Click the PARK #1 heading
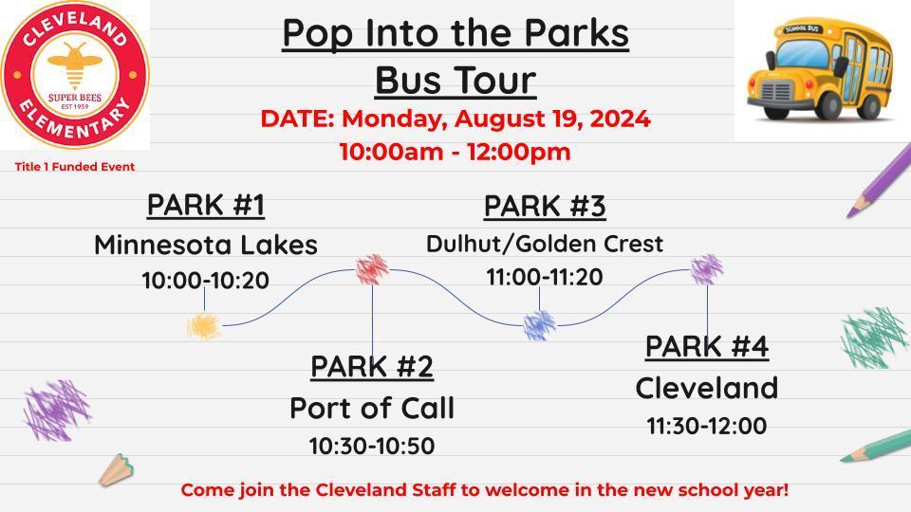tap(205, 205)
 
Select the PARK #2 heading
tap(371, 366)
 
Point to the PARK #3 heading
tap(544, 206)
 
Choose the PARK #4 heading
tap(706, 347)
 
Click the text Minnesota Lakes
tap(205, 245)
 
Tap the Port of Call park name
tap(371, 408)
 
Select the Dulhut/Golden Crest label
tap(544, 244)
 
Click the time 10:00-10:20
tap(205, 281)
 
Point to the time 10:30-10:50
tap(371, 446)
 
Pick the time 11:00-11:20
tap(544, 277)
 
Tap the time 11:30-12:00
tap(706, 427)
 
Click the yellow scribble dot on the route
tap(204, 327)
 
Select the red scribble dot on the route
tap(372, 269)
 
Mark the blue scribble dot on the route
tap(539, 325)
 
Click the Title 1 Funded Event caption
tap(74, 167)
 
